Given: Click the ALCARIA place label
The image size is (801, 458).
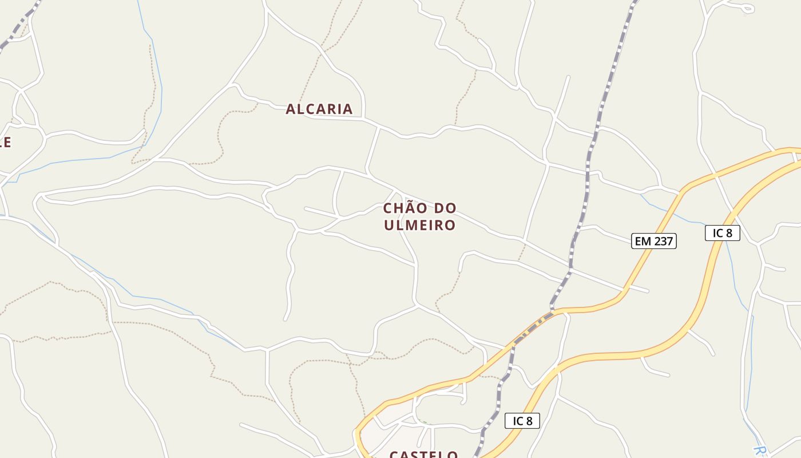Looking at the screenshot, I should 319,109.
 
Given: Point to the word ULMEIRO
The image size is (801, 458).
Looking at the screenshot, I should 419,225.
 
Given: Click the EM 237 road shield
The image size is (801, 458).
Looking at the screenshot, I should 654,241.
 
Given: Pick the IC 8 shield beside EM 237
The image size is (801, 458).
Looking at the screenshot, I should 722,233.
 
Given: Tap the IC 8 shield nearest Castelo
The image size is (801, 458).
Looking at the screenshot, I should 522,421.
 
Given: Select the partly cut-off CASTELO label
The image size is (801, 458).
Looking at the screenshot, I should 423,455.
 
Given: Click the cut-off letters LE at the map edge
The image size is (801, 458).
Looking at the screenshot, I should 5,142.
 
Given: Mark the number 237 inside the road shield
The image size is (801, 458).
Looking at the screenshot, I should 663,241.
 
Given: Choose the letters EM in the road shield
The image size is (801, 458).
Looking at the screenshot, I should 643,241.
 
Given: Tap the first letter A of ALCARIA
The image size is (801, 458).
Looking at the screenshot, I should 291,109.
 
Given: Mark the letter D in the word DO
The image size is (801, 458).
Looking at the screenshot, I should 439,208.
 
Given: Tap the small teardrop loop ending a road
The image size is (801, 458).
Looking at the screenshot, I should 747,9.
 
